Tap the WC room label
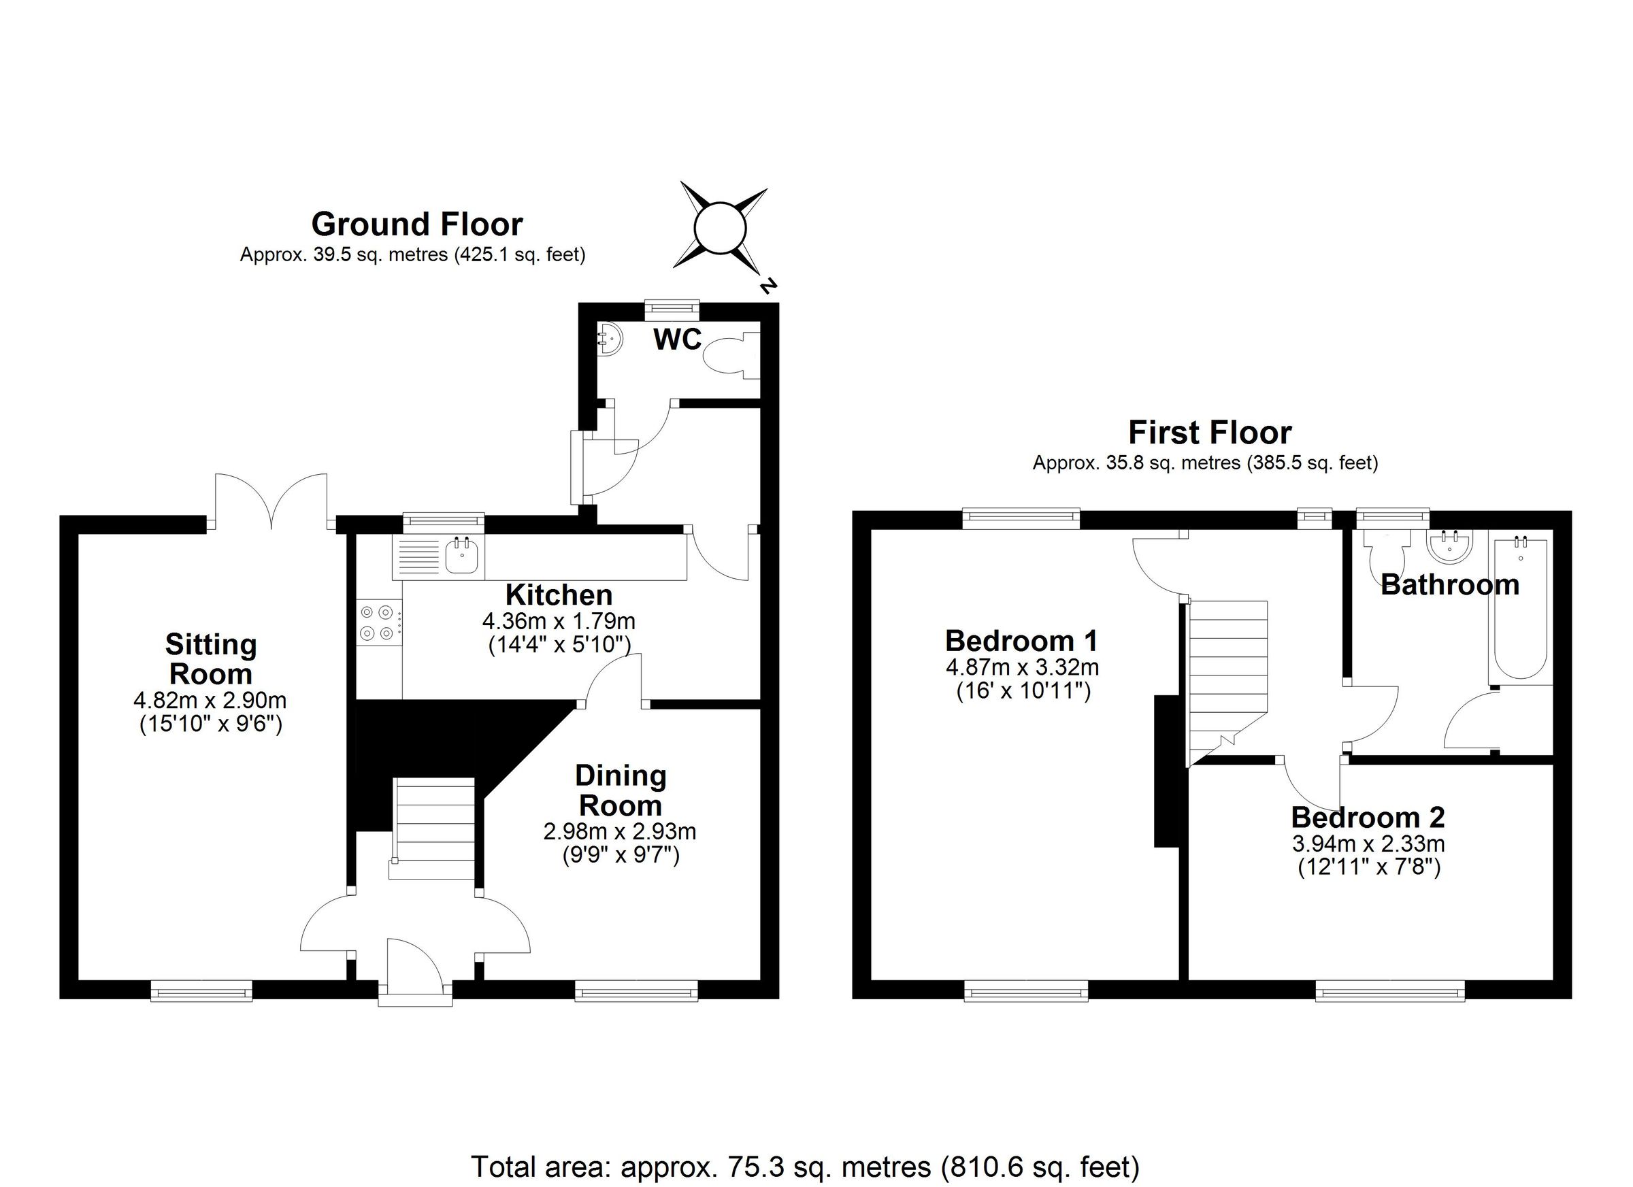tap(677, 339)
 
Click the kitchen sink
tap(461, 556)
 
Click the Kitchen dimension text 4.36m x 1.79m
tap(559, 620)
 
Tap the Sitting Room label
tap(211, 658)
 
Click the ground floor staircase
tap(434, 828)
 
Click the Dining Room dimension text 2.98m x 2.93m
tap(619, 832)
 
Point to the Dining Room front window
tap(636, 992)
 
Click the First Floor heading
tap(1210, 433)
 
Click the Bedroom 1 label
tap(1022, 641)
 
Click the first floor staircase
tap(1227, 677)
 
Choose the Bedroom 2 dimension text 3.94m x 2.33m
tap(1368, 843)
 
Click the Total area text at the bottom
tap(805, 1166)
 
